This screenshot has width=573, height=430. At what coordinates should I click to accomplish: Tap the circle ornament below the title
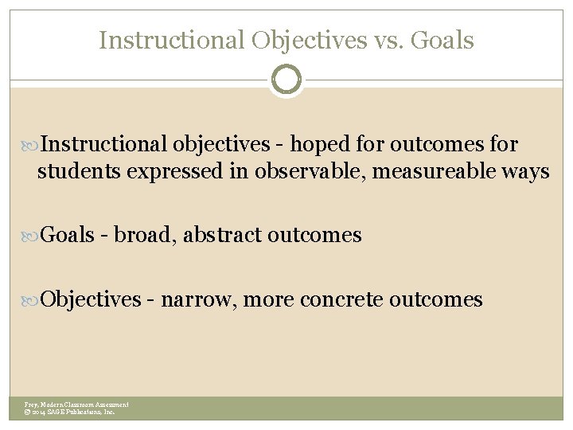[x=286, y=79]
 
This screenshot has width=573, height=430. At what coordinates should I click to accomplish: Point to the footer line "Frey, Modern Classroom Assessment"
[x=76, y=405]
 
